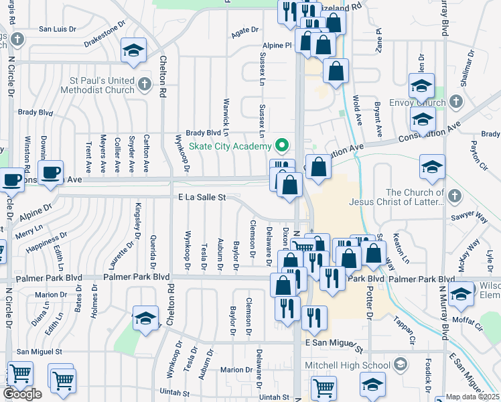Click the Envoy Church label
[421, 103]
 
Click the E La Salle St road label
[202, 198]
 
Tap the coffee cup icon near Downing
[50, 172]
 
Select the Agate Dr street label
[244, 30]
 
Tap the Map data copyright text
[473, 397]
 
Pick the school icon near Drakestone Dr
[133, 50]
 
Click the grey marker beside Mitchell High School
[401, 365]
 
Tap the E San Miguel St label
[334, 344]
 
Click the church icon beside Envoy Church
[455, 103]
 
